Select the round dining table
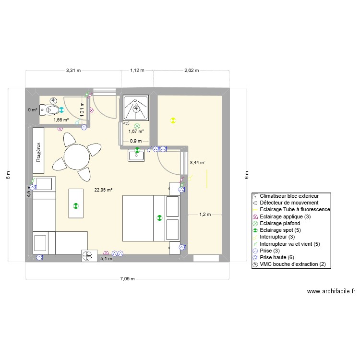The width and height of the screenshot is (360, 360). tap(77, 155)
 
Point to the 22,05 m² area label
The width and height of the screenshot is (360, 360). tap(104, 190)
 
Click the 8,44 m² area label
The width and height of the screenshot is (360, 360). tap(198, 163)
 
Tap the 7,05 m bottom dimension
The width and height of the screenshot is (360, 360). tap(127, 279)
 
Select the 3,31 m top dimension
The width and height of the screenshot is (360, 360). tap(73, 70)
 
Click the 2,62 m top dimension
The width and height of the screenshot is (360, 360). tap(192, 70)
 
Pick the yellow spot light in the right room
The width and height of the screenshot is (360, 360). tap(173, 120)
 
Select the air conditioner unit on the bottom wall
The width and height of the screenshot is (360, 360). tap(87, 256)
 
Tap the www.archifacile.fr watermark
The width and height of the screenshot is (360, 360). tap(331, 291)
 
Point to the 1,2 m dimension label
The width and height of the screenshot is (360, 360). tap(205, 215)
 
